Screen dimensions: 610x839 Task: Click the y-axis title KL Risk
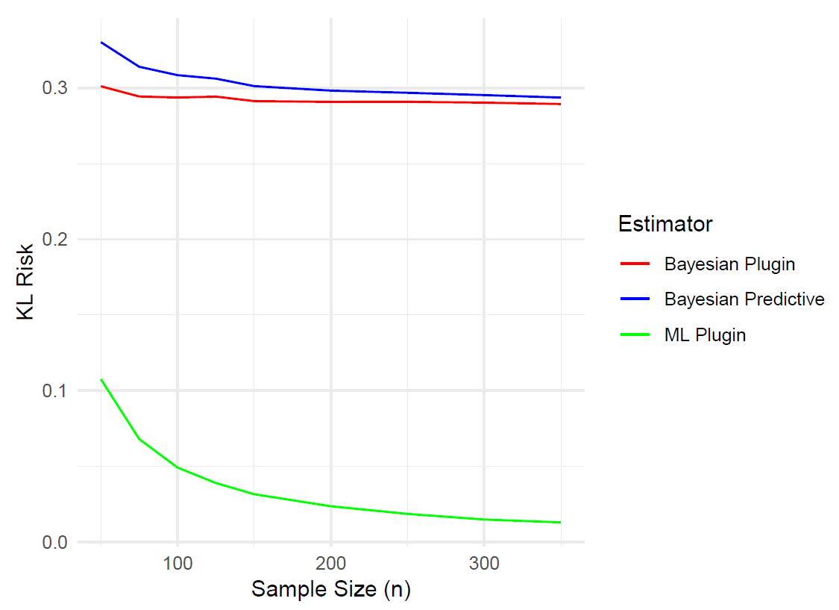pyautogui.click(x=27, y=281)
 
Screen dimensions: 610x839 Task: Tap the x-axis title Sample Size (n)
pyautogui.click(x=331, y=589)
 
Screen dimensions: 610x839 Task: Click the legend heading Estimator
pyautogui.click(x=665, y=224)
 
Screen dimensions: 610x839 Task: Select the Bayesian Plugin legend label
pyautogui.click(x=729, y=264)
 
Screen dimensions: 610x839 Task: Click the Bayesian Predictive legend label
pyautogui.click(x=744, y=299)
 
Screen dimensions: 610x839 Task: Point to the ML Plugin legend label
pyautogui.click(x=705, y=334)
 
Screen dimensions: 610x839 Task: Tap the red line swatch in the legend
pyautogui.click(x=635, y=264)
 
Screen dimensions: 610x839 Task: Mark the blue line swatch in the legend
pyautogui.click(x=635, y=299)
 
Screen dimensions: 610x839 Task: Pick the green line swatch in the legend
pyautogui.click(x=635, y=334)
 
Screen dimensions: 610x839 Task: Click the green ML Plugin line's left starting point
pyautogui.click(x=101, y=379)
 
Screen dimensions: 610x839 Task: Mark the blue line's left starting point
pyautogui.click(x=101, y=43)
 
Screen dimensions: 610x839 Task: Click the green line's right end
pyautogui.click(x=560, y=522)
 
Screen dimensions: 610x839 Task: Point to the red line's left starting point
pyautogui.click(x=101, y=87)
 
